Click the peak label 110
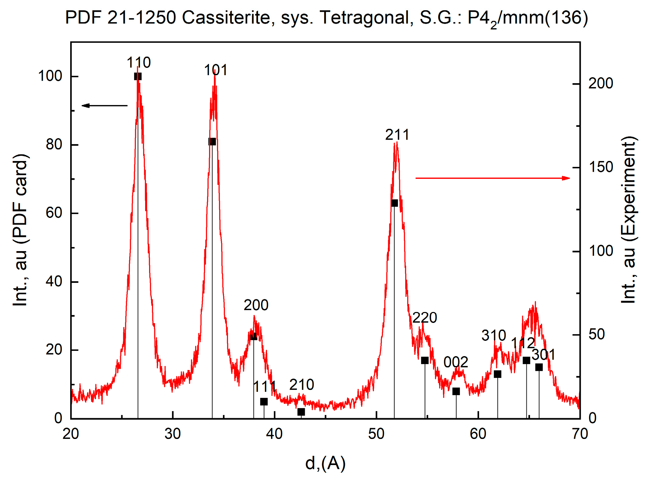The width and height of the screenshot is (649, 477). [138, 62]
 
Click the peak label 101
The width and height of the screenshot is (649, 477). [216, 70]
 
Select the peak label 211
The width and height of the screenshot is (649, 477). [397, 135]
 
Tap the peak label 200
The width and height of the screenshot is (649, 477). [256, 305]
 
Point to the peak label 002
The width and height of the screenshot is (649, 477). [456, 362]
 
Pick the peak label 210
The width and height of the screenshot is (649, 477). [301, 385]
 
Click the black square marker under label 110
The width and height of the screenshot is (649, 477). [138, 77]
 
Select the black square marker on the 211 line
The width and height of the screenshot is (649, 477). [394, 203]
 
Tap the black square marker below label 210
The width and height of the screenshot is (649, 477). [301, 412]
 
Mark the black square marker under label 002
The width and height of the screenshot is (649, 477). [456, 391]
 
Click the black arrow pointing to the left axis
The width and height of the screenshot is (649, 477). [104, 106]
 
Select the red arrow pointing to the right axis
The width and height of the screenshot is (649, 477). [493, 178]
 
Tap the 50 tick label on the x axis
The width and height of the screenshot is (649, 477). [376, 434]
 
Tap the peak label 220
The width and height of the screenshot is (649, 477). [425, 318]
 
